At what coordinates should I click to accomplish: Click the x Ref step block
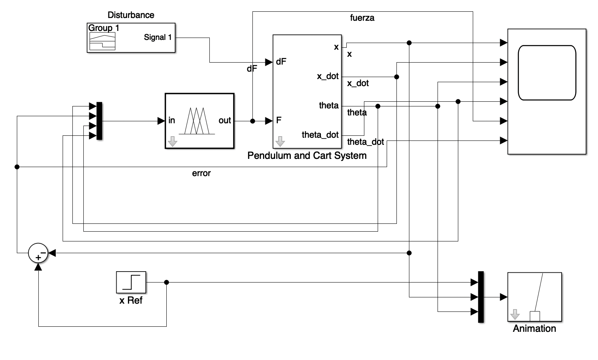131,282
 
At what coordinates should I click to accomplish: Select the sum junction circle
38,253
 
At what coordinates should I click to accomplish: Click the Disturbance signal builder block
131,38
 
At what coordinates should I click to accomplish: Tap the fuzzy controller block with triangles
200,121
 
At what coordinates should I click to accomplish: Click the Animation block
534,297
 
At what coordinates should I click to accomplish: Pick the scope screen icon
547,73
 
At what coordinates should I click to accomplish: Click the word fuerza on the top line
362,18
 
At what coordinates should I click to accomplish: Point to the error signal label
201,173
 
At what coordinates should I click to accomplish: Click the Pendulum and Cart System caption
307,156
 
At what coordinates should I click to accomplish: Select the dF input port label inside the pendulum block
281,62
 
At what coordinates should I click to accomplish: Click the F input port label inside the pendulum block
279,121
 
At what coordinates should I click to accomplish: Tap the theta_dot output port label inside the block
320,135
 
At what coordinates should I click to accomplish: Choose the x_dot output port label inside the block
328,76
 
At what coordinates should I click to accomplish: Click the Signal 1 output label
158,38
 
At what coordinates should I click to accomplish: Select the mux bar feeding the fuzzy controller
99,121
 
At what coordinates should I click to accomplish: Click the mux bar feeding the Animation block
481,297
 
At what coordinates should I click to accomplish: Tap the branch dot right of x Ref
166,282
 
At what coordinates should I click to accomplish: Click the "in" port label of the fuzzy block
171,121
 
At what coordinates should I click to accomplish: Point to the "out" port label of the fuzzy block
225,121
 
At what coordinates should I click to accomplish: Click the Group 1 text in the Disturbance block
103,28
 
